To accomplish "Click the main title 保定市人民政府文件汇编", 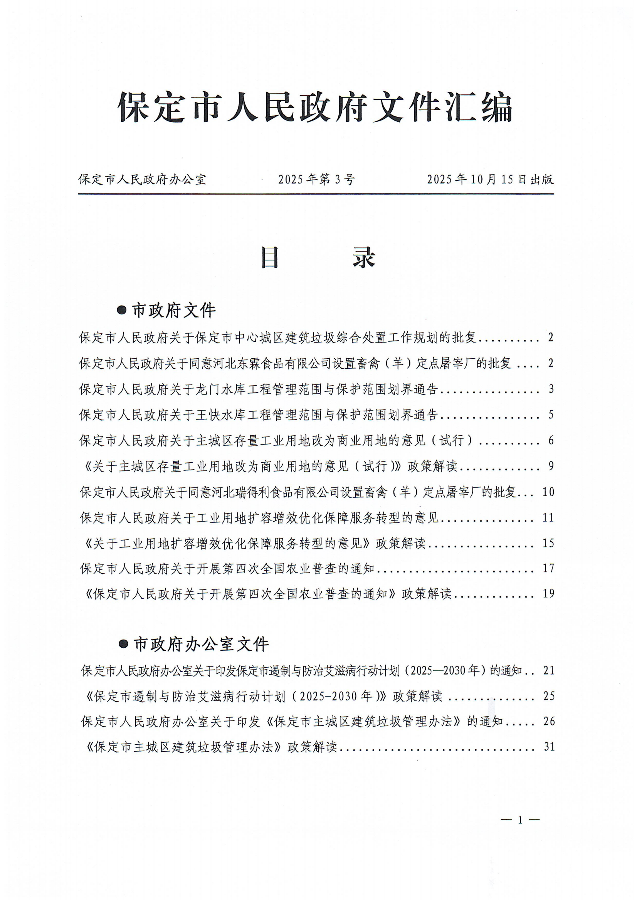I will pos(315,107).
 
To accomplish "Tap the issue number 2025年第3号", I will pos(316,180).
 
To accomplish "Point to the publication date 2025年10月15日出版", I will pos(490,180).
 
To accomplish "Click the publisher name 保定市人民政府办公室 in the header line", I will pos(142,180).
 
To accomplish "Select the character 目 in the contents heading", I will pos(270,258).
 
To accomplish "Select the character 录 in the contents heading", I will pos(365,258).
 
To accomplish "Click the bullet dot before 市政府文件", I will pos(123,311).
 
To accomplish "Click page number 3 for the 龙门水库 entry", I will pos(551,389).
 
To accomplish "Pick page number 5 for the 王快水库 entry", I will pos(551,415).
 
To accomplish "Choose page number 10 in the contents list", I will pos(548,492).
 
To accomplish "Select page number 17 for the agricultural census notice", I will pos(548,568).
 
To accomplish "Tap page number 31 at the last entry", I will pos(549,747).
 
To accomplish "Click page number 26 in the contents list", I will pos(549,721).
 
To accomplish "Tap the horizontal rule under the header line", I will pos(315,194).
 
